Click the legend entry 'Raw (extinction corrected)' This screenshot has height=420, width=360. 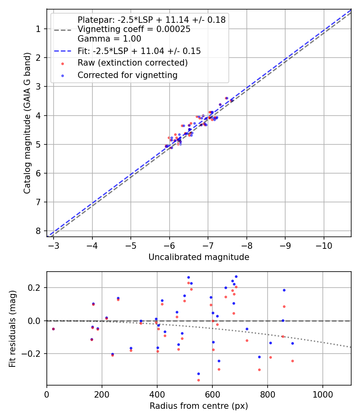(132, 63)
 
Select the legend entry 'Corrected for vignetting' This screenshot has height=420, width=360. (128, 75)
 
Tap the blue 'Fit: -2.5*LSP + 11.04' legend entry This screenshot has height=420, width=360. (139, 51)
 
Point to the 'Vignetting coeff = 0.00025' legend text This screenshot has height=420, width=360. (134, 29)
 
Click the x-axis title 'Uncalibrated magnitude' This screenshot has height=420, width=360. (199, 257)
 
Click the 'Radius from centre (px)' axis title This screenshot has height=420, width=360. (199, 406)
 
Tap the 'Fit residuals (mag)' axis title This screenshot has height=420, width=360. (12, 328)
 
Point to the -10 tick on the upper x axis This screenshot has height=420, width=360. (324, 245)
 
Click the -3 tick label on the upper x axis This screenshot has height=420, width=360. (54, 245)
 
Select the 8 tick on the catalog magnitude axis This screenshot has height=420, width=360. (38, 231)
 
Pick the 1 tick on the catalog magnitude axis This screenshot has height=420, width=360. (38, 29)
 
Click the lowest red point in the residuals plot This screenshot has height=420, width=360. (198, 380)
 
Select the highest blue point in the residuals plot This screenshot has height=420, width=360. (236, 276)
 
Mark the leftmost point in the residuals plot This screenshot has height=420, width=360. (53, 329)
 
